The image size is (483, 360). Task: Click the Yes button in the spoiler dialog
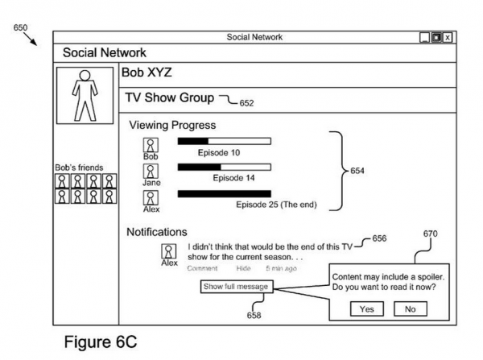tap(366, 308)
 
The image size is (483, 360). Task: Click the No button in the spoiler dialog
tap(410, 308)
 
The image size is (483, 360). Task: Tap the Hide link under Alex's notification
tap(243, 268)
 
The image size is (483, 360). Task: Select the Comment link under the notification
tap(202, 268)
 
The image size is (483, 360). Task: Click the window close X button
tap(448, 37)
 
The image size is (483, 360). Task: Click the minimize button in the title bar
tap(424, 37)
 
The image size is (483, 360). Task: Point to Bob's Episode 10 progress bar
tap(224, 141)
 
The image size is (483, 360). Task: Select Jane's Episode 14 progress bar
tap(224, 168)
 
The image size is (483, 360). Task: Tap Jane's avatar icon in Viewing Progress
tap(151, 171)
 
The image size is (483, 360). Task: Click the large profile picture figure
tap(84, 92)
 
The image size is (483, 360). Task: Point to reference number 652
tap(245, 103)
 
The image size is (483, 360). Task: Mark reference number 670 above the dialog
tap(430, 234)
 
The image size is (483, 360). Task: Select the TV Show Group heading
tap(169, 97)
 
